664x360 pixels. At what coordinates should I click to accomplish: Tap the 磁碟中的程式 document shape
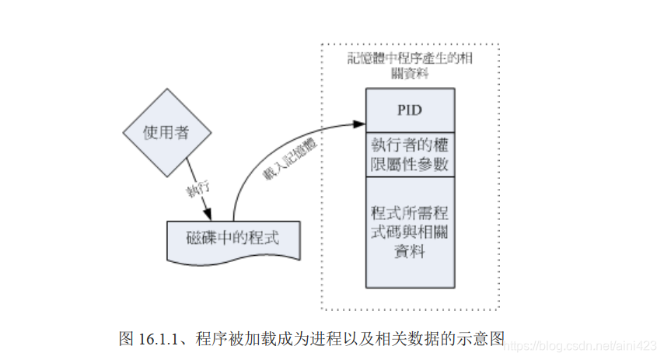click(x=232, y=238)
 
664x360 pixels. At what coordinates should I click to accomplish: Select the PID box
click(x=411, y=110)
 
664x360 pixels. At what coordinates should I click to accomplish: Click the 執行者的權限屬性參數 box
click(x=411, y=155)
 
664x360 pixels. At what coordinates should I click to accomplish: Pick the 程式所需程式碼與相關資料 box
click(x=411, y=232)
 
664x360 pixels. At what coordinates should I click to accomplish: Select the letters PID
click(x=410, y=110)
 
